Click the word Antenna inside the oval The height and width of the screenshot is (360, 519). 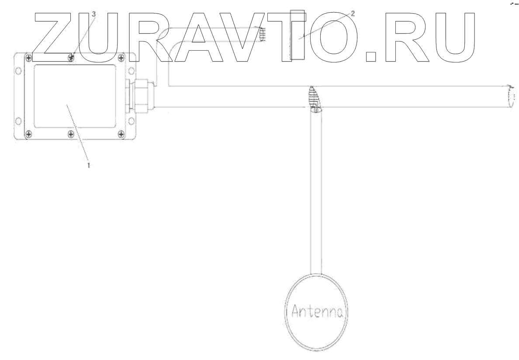click(317, 312)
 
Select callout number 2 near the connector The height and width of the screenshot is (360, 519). click(353, 13)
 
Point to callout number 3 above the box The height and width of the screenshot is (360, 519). click(93, 14)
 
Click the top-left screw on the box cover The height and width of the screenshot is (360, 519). click(28, 57)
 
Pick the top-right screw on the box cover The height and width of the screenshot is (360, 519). click(121, 57)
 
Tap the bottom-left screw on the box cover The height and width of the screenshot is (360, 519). click(28, 134)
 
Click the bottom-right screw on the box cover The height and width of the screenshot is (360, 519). click(121, 134)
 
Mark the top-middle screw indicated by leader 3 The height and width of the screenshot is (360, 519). click(73, 56)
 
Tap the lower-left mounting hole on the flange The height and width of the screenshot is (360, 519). click(18, 120)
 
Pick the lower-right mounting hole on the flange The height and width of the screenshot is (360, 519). click(130, 120)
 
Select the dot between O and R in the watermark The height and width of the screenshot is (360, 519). click(371, 57)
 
